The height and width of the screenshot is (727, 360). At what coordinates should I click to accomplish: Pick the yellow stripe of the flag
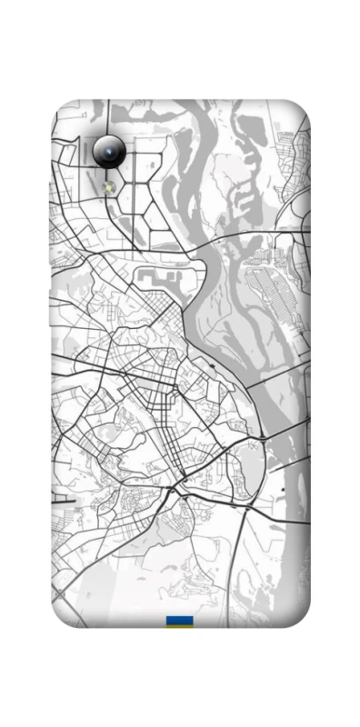179,626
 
